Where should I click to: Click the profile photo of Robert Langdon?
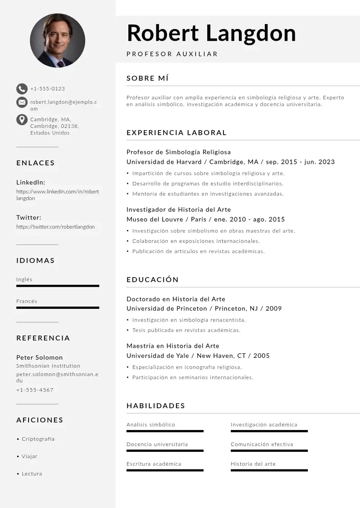coord(58,40)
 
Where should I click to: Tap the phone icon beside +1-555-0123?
coord(22,89)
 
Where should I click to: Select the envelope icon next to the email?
coord(22,102)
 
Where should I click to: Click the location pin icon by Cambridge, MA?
coord(22,120)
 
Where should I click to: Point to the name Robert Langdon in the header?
coord(211,33)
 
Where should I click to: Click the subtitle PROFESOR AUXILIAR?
coord(172,54)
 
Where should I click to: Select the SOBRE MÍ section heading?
coord(148,78)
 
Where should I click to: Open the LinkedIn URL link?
coord(58,195)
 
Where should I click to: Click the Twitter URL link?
coord(55,226)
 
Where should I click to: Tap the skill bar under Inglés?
coord(58,286)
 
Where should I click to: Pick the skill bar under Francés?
coord(58,308)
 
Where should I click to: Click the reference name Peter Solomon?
coord(39,357)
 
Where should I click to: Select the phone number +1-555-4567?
coord(35,390)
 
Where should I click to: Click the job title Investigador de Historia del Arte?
coord(179,210)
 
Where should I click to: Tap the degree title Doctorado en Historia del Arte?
coord(176,299)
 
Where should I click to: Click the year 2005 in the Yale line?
coord(262,356)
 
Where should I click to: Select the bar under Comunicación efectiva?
coord(269,450)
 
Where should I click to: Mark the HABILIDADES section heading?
coord(156,405)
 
